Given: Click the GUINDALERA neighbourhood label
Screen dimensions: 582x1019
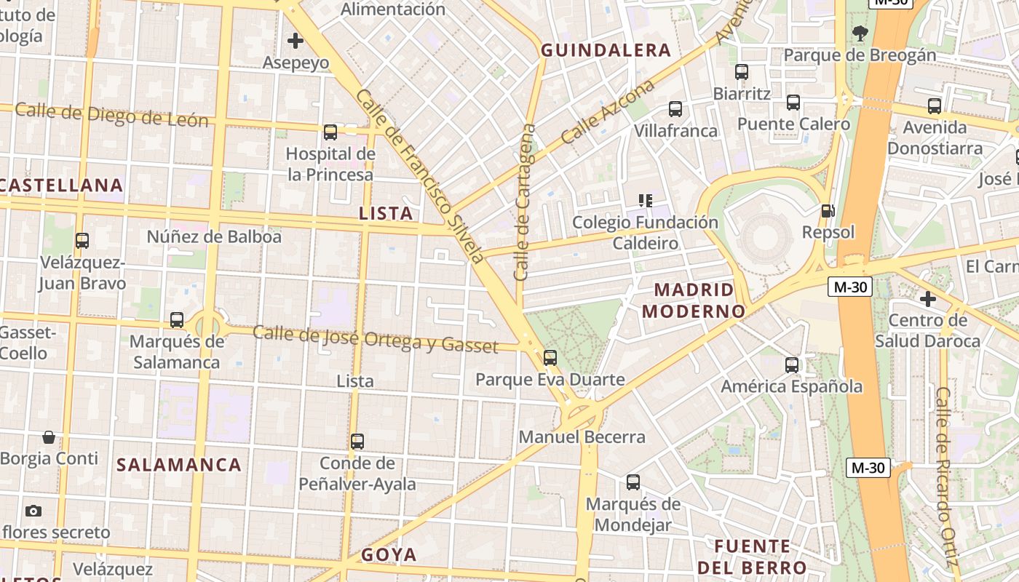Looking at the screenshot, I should (x=606, y=50).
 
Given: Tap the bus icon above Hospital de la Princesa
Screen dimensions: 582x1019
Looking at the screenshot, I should (x=330, y=132).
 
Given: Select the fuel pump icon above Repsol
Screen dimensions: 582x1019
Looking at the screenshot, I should (x=828, y=211).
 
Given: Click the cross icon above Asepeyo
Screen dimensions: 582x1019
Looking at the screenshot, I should (x=296, y=41).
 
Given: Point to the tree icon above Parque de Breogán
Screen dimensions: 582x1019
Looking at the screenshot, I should (x=860, y=33).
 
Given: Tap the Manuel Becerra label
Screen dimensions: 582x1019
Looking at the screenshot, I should (x=582, y=437).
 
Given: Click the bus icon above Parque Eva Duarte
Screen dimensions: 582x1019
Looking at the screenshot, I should (x=550, y=358).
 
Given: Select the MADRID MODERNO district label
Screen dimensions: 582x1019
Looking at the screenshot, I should (x=694, y=300).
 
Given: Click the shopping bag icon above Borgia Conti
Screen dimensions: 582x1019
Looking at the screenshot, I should (x=49, y=437).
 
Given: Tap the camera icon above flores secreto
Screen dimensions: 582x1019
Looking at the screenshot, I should (x=33, y=511).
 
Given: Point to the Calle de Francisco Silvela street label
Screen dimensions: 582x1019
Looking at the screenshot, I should (x=420, y=175).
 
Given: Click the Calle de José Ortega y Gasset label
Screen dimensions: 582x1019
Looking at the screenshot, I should (x=375, y=340).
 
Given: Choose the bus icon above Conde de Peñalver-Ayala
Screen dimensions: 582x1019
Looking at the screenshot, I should (x=357, y=442).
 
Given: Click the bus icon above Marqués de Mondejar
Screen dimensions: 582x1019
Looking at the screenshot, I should (x=633, y=482).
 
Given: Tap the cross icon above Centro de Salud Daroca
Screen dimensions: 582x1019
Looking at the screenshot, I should (x=927, y=299).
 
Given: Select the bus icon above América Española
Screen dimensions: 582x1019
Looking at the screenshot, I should (x=792, y=365).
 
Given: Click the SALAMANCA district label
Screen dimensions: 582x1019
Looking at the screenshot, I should (x=179, y=465).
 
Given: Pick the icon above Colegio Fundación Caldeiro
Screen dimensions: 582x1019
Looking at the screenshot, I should (x=645, y=200).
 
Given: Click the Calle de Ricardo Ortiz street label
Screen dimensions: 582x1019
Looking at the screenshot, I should (x=943, y=477).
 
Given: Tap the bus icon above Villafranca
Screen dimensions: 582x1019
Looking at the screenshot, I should (x=675, y=109).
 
